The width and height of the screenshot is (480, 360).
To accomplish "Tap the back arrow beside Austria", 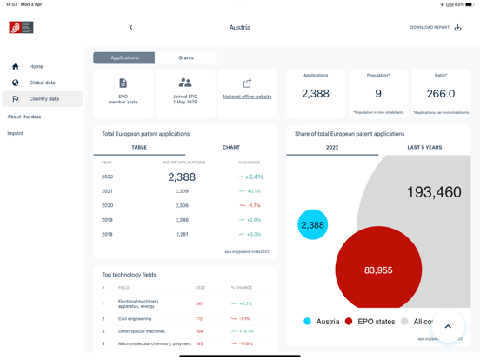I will pyautogui.click(x=131, y=28).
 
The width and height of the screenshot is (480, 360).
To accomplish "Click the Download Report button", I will pyautogui.click(x=436, y=28).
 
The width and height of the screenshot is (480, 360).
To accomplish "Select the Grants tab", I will pyautogui.click(x=186, y=57).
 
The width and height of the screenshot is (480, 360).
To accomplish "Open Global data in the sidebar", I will pyautogui.click(x=42, y=83).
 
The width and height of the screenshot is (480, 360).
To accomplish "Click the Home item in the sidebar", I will pyautogui.click(x=36, y=66).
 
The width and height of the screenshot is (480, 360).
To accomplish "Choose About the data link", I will pyautogui.click(x=24, y=117).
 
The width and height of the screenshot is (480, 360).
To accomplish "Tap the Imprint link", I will pyautogui.click(x=16, y=133).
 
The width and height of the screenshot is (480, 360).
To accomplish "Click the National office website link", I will pyautogui.click(x=247, y=97).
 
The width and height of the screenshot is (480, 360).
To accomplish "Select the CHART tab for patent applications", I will pyautogui.click(x=231, y=148).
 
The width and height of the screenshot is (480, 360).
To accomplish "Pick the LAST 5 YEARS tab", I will pyautogui.click(x=424, y=148).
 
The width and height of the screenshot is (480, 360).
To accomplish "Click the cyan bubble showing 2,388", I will pyautogui.click(x=312, y=225).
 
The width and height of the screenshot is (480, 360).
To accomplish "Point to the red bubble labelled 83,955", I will pyautogui.click(x=378, y=270).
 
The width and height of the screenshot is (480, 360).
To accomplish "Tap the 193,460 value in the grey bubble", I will pyautogui.click(x=434, y=192).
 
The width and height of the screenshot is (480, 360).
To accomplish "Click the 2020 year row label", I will pyautogui.click(x=107, y=206).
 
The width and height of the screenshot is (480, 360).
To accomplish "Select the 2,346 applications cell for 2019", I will pyautogui.click(x=182, y=220).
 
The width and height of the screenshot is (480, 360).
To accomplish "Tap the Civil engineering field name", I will pyautogui.click(x=135, y=319).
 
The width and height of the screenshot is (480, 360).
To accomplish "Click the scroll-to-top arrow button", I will pyautogui.click(x=449, y=327).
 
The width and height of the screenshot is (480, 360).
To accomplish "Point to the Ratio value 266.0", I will pyautogui.click(x=441, y=94).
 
